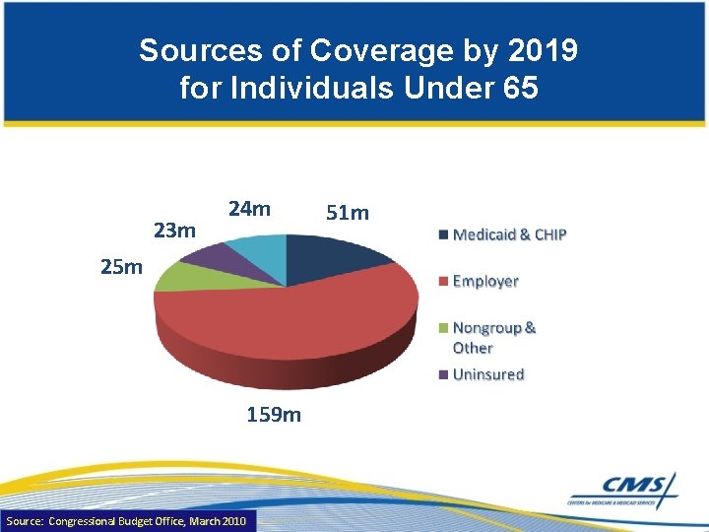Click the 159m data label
pyautogui.click(x=274, y=415)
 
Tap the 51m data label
pyautogui.click(x=348, y=213)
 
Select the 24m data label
pyautogui.click(x=249, y=209)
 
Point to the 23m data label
pyautogui.click(x=176, y=231)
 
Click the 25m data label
pyautogui.click(x=121, y=266)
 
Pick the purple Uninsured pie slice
pyautogui.click(x=212, y=255)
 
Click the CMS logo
pyautogui.click(x=623, y=489)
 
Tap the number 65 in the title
pyautogui.click(x=518, y=89)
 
